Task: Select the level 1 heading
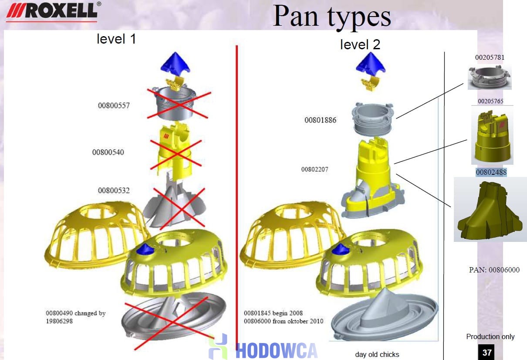click(116, 39)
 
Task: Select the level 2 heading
click(360, 44)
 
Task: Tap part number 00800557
click(114, 105)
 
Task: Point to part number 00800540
click(108, 152)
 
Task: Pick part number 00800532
click(114, 190)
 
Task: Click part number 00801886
click(320, 120)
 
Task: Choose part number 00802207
click(314, 169)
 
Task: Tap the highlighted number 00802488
click(491, 172)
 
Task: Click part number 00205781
click(490, 57)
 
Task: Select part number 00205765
click(490, 101)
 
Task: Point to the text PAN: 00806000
click(494, 270)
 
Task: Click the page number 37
click(486, 352)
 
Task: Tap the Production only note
click(490, 336)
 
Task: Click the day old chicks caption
click(377, 354)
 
